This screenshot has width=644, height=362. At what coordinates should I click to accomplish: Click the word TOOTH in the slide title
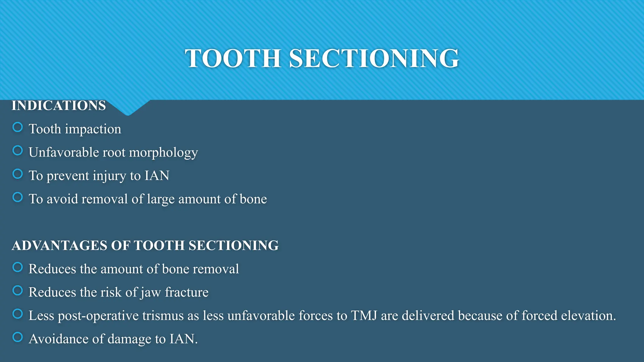[233, 58]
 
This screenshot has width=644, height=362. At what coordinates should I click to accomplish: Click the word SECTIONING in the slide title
[374, 58]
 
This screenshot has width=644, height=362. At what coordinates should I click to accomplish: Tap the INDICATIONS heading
[59, 106]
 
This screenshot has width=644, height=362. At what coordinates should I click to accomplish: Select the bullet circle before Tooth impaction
[18, 127]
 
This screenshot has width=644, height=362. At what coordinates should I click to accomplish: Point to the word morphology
[164, 153]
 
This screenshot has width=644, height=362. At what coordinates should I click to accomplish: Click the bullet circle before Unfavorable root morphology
[18, 151]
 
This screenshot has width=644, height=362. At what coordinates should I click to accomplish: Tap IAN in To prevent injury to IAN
[157, 176]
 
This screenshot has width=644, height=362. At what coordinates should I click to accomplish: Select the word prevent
[68, 176]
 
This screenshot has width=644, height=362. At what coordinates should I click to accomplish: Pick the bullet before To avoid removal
[18, 197]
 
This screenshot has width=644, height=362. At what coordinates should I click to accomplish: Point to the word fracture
[186, 292]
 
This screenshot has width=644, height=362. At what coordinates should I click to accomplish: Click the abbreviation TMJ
[364, 315]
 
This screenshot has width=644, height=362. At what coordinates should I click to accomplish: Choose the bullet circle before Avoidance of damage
[18, 337]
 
